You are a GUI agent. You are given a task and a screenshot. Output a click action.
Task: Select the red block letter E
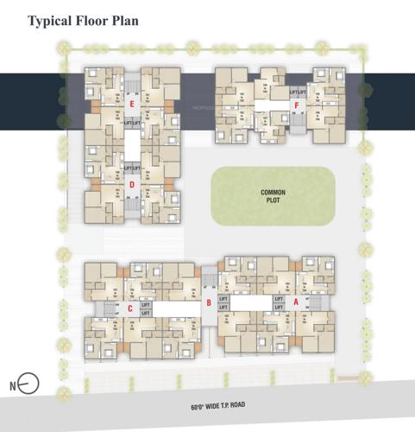(131, 105)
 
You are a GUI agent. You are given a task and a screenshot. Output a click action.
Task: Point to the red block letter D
(131, 184)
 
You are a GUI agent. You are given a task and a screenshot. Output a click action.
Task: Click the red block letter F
(297, 106)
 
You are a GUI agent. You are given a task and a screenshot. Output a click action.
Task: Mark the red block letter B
(209, 302)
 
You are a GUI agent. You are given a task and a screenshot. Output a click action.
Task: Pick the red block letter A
(296, 302)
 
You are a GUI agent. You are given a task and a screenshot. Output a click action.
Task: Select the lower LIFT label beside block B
(223, 308)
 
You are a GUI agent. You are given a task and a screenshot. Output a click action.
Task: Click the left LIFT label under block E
(126, 124)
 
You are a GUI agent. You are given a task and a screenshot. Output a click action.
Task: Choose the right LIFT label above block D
(136, 168)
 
